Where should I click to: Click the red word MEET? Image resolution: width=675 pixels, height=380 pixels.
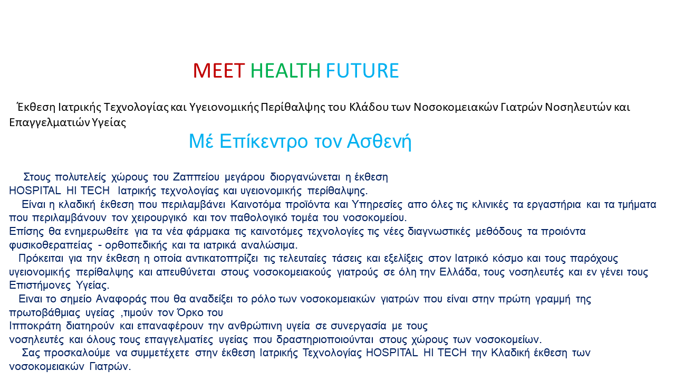pos(219,71)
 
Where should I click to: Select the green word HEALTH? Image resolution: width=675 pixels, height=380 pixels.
pos(285,71)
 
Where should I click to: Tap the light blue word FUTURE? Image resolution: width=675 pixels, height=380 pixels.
pos(362,71)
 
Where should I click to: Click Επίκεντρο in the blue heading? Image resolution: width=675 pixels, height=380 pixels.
pos(264,141)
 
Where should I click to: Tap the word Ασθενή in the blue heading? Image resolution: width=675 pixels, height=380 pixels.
pos(379,141)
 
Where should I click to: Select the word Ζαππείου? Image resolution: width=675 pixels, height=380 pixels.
pos(196,177)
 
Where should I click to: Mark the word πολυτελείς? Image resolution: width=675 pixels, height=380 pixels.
pos(81,177)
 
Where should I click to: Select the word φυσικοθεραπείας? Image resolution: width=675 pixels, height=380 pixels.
pos(51,245)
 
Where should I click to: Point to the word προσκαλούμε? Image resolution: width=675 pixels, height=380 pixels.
pos(77,353)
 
